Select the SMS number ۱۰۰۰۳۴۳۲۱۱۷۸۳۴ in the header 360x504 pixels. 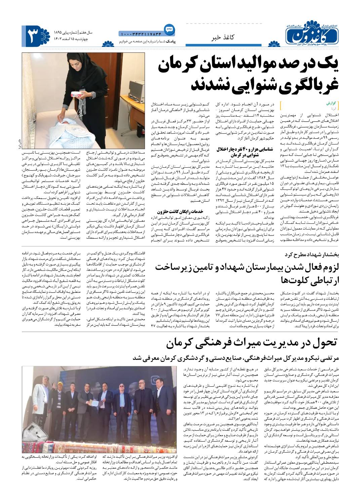pos(141,34)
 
